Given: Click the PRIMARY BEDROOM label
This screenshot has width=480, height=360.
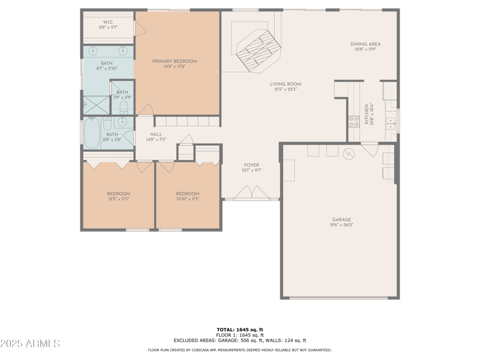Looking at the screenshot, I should [175, 61].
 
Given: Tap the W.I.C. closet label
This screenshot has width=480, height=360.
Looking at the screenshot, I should [109, 23].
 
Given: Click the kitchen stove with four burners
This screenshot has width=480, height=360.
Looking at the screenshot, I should [354, 122].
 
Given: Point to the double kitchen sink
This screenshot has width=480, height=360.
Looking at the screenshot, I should [390, 124].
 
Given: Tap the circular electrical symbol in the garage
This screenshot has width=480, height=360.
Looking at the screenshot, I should [348, 154].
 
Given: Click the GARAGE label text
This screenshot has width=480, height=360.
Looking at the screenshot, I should [342, 220].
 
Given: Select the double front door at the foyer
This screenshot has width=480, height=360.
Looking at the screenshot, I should [251, 193].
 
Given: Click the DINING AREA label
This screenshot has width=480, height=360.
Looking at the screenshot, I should [365, 44].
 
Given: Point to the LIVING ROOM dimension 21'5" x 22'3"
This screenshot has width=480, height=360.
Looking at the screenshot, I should [285, 89].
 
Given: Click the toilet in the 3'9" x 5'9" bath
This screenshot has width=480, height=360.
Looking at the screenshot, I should [123, 107].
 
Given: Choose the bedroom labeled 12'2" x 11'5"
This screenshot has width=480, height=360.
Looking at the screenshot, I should [118, 196].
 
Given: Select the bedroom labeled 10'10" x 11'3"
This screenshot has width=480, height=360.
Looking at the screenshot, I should [187, 196].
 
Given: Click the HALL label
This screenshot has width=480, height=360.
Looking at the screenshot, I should [155, 134].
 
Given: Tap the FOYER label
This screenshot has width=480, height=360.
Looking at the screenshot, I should [251, 165].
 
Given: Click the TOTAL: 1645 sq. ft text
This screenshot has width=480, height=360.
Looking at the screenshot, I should [240, 329].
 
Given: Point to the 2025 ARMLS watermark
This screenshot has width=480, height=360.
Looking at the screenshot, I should [30, 343].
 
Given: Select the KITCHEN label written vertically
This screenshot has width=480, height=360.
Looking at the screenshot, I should [367, 114].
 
